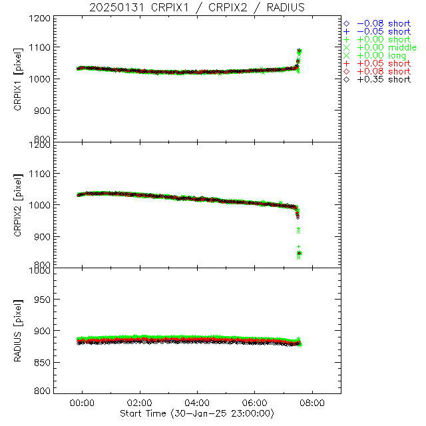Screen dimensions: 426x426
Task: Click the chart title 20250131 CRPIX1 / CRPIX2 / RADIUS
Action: [198, 7]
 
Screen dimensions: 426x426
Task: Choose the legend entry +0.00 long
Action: [381, 55]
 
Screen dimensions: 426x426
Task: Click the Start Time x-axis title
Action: [197, 413]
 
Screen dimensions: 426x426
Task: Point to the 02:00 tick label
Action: [140, 403]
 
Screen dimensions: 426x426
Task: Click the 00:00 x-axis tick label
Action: [83, 403]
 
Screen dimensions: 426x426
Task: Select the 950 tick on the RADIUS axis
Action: [43, 300]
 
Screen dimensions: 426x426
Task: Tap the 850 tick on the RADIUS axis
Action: [43, 362]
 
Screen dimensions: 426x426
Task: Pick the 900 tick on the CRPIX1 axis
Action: [43, 110]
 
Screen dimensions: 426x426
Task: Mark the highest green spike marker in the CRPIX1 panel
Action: [300, 51]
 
